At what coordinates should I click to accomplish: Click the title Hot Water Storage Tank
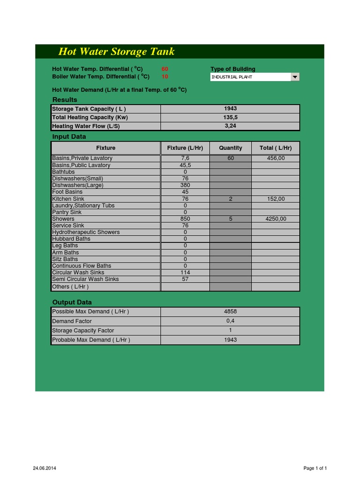[x=116, y=52]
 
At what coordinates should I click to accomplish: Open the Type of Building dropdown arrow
[x=295, y=77]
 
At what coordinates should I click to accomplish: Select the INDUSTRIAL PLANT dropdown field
[x=250, y=77]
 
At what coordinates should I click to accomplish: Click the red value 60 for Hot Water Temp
[x=165, y=69]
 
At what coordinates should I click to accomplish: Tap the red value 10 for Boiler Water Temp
[x=165, y=76]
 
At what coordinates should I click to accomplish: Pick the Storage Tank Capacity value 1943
[x=230, y=109]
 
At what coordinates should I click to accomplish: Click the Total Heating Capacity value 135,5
[x=230, y=118]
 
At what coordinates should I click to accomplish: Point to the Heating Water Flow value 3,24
[x=230, y=126]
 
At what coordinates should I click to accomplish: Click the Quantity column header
[x=231, y=148]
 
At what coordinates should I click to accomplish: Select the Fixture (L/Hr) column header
[x=185, y=148]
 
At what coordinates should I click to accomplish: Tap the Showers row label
[x=63, y=219]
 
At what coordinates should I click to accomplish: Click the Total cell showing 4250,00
[x=276, y=219]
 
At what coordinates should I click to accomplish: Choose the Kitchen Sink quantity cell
[x=231, y=199]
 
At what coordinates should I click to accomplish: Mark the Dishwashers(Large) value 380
[x=185, y=185]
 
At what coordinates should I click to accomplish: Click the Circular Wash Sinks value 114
[x=185, y=272]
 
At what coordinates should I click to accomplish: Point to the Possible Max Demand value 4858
[x=230, y=312]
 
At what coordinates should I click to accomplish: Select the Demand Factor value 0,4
[x=230, y=321]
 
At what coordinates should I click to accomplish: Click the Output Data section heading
[x=72, y=302]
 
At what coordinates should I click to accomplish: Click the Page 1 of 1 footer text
[x=315, y=468]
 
